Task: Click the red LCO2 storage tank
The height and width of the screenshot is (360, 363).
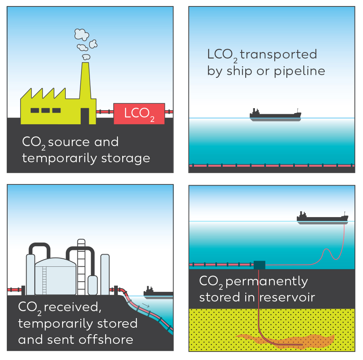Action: pyautogui.click(x=139, y=113)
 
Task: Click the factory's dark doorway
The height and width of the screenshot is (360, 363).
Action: pyautogui.click(x=85, y=116)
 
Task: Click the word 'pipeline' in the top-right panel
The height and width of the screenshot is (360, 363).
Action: pyautogui.click(x=299, y=71)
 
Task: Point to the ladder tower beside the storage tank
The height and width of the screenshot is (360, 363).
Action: pyautogui.click(x=82, y=266)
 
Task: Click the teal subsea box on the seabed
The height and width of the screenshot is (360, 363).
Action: pyautogui.click(x=259, y=265)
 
